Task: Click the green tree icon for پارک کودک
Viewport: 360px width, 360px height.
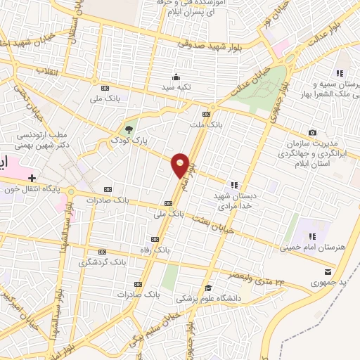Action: [129, 129]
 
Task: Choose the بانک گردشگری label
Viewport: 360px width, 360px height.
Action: [103, 262]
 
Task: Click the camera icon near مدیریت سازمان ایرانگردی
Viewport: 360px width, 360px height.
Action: [312, 133]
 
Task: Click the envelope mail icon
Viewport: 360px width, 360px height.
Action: [326, 271]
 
